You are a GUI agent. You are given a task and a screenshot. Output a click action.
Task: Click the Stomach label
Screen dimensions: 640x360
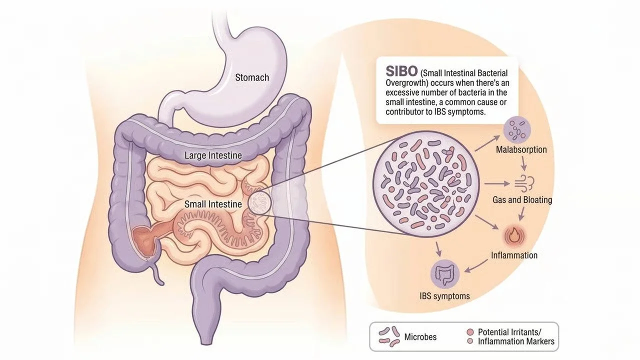pos(252,77)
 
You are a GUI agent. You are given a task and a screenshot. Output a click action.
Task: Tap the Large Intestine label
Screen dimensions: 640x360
pos(213,155)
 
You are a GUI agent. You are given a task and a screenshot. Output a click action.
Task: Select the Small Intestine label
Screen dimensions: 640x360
pos(213,204)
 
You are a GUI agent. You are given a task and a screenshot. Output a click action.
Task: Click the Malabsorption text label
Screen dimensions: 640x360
pos(521,149)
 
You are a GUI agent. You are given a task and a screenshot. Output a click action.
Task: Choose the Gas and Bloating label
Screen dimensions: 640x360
pos(522,200)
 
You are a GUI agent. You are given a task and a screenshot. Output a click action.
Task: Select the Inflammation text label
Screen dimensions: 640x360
pos(514,255)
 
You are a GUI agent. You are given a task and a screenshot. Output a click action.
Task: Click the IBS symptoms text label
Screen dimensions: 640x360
pos(444,296)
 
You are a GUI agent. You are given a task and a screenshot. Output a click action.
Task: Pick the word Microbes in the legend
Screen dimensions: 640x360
pos(420,337)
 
